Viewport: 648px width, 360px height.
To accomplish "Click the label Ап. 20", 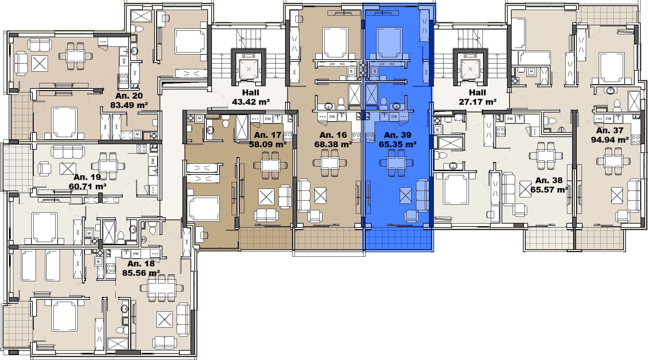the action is (129, 96).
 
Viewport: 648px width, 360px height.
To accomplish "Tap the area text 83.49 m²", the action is (129, 105).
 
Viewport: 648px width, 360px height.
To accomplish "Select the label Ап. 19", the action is (87, 177).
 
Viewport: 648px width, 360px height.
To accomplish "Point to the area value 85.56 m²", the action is (141, 273).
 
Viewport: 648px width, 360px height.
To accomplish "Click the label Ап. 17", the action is (268, 135).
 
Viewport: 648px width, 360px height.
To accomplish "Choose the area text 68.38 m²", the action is (333, 144).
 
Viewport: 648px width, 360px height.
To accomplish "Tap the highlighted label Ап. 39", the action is (398, 135).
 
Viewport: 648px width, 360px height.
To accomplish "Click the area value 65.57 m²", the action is (549, 190).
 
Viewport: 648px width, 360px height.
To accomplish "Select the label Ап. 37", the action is (610, 130).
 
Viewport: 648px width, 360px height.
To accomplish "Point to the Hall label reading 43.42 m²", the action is (251, 102).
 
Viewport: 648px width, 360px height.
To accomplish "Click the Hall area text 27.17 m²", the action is (478, 102).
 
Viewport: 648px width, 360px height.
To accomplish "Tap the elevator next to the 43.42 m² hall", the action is (249, 69).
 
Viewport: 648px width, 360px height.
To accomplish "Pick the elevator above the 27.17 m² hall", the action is (470, 69).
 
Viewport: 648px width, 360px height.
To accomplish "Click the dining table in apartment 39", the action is (397, 163).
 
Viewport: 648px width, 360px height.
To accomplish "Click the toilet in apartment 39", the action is (384, 103).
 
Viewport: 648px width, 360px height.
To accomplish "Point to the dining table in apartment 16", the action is (330, 163).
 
